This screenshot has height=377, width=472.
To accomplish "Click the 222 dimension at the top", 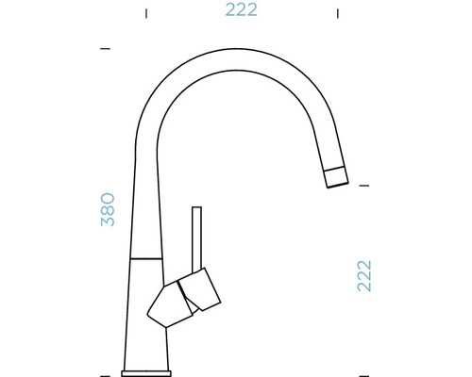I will tap(242, 11).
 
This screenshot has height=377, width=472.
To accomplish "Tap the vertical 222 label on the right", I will tap(363, 275).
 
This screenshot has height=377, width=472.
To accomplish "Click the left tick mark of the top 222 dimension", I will tap(145, 12).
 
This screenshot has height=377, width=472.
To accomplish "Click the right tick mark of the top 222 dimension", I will tap(338, 12).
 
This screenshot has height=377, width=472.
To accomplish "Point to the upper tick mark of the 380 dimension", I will tap(105, 47).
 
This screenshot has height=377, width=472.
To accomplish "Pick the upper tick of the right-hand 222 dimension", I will tap(363, 185).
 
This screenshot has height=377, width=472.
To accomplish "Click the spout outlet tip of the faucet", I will tap(336, 177).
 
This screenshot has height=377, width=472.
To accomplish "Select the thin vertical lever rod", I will tap(197, 236).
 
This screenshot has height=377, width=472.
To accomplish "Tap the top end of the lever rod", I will tap(197, 208).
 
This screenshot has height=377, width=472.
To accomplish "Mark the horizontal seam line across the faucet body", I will tap(146, 255).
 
